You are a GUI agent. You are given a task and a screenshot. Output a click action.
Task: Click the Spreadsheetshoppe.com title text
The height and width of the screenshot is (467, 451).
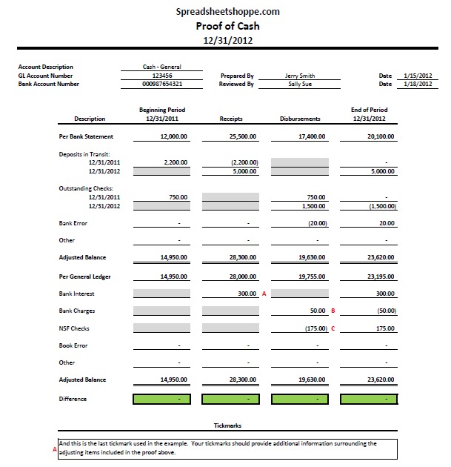coord(228,11)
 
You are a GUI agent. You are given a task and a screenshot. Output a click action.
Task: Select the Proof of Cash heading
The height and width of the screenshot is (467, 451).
coord(228,25)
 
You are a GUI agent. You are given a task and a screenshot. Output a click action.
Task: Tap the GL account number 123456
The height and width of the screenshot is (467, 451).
coord(162,76)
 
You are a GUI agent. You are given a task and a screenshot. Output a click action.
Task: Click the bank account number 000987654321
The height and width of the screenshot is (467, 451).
coord(162,84)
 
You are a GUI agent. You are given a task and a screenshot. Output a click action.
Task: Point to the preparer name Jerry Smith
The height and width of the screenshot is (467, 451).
coord(300,76)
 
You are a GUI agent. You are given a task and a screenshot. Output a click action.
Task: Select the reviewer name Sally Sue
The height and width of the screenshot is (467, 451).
coord(300,84)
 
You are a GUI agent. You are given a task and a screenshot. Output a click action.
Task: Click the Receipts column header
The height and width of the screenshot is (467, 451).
coord(231,119)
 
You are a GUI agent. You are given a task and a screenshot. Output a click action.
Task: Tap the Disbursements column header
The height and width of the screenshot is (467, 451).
coord(300,119)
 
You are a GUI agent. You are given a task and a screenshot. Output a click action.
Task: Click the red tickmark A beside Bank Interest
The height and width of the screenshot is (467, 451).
coord(264,294)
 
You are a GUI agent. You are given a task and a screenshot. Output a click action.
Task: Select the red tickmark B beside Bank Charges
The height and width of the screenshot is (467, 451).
coord(333,311)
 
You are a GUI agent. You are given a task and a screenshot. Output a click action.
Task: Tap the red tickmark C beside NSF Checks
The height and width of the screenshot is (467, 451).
coord(333,328)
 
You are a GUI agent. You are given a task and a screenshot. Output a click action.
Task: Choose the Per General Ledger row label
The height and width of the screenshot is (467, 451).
coord(85,276)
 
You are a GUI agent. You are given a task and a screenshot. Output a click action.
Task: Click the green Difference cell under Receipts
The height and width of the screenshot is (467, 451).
coord(231,400)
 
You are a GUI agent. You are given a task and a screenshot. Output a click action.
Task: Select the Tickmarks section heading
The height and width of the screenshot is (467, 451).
coord(228,426)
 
